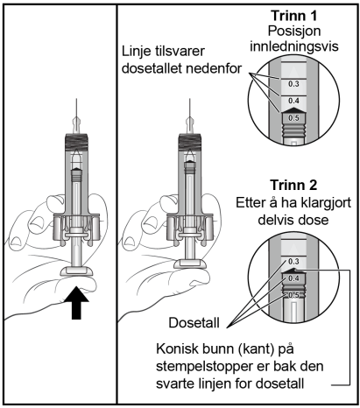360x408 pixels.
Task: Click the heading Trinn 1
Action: [x=293, y=16]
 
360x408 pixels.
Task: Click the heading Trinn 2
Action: [x=293, y=185]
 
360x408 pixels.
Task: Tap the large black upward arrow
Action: [x=76, y=303]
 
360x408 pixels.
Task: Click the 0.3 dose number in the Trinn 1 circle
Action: [x=293, y=84]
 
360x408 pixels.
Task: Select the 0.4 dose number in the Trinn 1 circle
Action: [x=293, y=101]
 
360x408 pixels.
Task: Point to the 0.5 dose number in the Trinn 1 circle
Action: [x=293, y=118]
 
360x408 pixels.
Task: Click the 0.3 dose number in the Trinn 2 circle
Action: [x=293, y=262]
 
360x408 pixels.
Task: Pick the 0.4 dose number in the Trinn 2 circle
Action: [x=293, y=278]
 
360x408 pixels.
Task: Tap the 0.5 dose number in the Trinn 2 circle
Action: [x=293, y=295]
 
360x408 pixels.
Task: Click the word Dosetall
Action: [x=194, y=323]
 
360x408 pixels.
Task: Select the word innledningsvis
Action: [x=294, y=46]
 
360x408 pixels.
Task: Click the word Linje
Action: [x=134, y=52]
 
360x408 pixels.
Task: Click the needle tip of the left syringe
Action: [x=76, y=99]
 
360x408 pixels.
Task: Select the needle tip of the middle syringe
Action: [x=190, y=99]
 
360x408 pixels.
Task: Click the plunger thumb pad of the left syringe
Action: [x=76, y=271]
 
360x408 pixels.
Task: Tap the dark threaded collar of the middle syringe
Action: [x=190, y=142]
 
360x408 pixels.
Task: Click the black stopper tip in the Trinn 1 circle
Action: [x=293, y=109]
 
